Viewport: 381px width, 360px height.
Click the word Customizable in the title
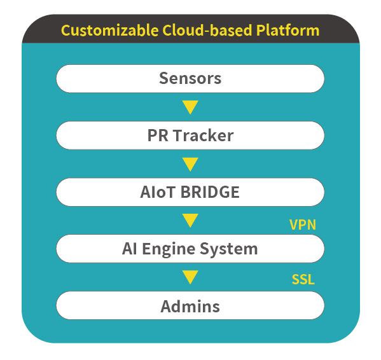[109, 31]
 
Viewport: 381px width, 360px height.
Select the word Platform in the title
[287, 30]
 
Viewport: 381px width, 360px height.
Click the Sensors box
[190, 78]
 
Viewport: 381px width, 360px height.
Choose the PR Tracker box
[190, 135]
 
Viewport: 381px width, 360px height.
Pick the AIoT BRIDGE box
[190, 192]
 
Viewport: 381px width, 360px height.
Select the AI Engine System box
[190, 249]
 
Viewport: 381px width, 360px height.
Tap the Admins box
[190, 305]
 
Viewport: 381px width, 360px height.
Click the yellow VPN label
[303, 225]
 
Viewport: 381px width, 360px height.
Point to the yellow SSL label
[303, 279]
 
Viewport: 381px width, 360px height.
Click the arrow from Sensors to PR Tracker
[190, 107]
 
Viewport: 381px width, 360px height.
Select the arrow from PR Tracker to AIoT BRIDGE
[190, 164]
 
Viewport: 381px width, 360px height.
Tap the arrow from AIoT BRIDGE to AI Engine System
[190, 221]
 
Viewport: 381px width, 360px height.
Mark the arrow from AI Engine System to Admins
[190, 277]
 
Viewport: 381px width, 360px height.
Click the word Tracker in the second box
[204, 135]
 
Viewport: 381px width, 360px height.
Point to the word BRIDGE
[210, 192]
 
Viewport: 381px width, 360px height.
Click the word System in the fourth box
[228, 249]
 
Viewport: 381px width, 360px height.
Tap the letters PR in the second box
[158, 135]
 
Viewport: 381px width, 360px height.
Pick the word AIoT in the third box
[158, 192]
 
